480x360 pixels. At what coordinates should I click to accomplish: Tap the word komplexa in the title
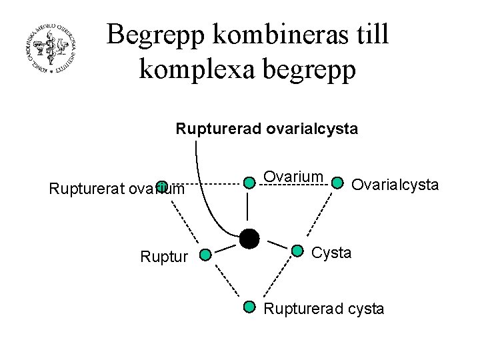click(x=195, y=69)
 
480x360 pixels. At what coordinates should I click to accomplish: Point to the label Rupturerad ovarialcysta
click(x=267, y=128)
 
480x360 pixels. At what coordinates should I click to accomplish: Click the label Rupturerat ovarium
click(x=117, y=189)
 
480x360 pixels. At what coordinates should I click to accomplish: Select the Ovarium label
click(x=293, y=177)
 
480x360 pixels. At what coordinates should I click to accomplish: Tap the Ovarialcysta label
click(x=395, y=184)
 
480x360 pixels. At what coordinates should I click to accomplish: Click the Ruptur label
click(x=163, y=255)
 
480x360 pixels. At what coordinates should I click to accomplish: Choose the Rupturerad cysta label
click(x=324, y=309)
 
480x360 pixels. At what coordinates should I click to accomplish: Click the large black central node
click(x=249, y=238)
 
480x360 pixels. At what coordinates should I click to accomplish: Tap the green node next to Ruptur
click(x=205, y=254)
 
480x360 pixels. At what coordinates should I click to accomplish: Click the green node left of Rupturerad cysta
click(x=249, y=307)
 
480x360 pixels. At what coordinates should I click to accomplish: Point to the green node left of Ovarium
click(x=249, y=182)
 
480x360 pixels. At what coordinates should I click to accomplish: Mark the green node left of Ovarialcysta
click(x=337, y=182)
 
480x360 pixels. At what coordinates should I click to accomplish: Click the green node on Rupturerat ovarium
click(x=161, y=185)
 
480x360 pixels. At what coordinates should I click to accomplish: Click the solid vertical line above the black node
click(x=249, y=207)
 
